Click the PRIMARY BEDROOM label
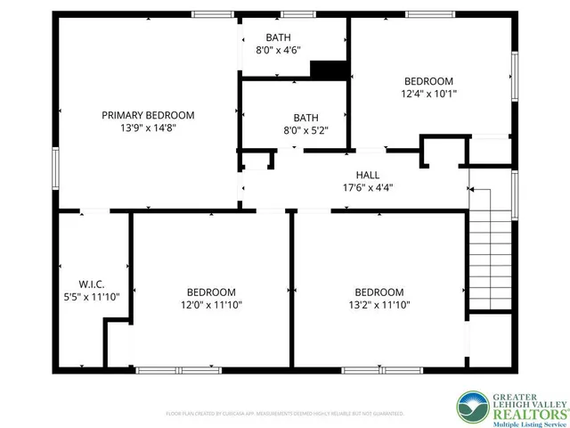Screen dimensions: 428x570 (x=148, y=115)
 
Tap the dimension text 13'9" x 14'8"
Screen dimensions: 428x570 (x=148, y=128)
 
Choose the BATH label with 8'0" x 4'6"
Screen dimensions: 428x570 (x=278, y=37)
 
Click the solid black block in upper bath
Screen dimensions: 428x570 (x=327, y=70)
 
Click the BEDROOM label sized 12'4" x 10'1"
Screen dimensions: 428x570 (x=429, y=80)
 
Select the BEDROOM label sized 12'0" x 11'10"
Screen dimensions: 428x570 (x=211, y=292)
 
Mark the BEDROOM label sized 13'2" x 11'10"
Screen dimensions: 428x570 (x=379, y=292)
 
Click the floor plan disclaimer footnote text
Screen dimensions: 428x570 (x=285, y=414)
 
